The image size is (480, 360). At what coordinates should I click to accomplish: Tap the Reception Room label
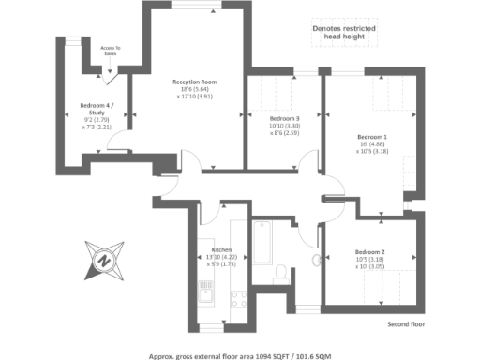tap(194, 82)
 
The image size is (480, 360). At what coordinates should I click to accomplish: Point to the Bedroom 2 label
tap(369, 251)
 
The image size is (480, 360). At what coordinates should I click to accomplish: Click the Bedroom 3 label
tap(284, 119)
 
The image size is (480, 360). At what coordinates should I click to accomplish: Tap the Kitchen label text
tap(222, 250)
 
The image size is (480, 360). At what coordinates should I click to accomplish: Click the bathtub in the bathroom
tap(262, 242)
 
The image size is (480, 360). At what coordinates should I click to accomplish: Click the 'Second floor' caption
tap(406, 324)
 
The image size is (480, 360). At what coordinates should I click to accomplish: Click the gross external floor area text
tap(239, 355)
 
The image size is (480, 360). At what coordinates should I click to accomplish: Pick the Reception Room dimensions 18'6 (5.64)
tap(195, 89)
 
